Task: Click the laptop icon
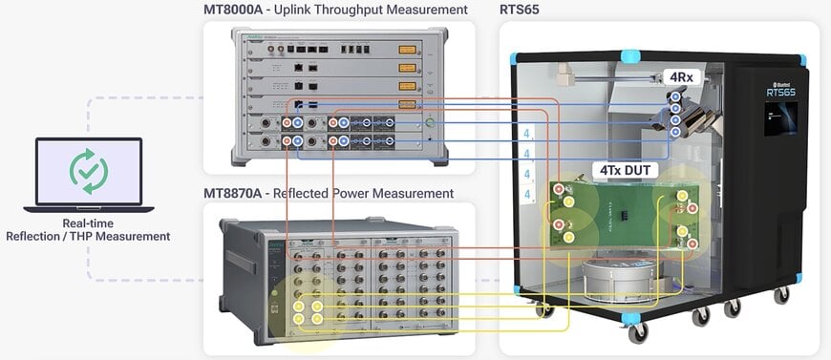point(89,175)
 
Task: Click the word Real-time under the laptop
point(88,223)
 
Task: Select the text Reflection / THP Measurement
point(88,236)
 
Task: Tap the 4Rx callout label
point(680,76)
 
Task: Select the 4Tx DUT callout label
point(628,170)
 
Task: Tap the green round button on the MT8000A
point(431,122)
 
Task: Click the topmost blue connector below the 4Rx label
point(675,96)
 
